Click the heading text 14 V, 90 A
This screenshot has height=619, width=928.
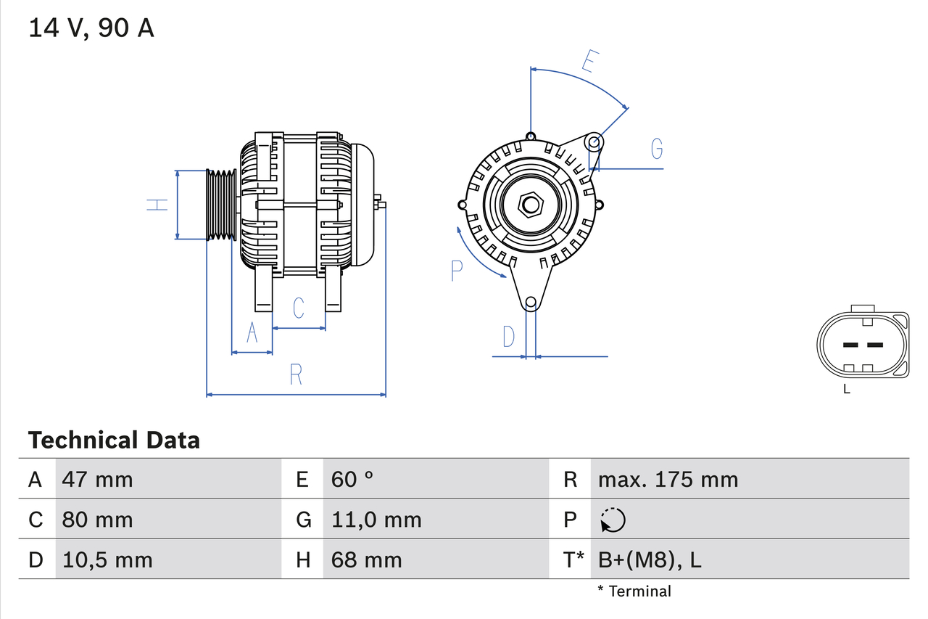(x=91, y=28)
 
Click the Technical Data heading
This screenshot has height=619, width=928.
(x=114, y=440)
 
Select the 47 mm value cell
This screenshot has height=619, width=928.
(x=97, y=480)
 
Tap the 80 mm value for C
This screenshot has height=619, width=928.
(x=97, y=520)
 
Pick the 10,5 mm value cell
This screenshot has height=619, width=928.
(x=107, y=559)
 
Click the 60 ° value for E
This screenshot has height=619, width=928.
(x=352, y=480)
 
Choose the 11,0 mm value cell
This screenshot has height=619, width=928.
(x=376, y=520)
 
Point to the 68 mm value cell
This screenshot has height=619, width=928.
(x=366, y=559)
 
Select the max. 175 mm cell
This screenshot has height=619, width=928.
(x=668, y=480)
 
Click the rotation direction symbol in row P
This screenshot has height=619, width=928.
(x=613, y=520)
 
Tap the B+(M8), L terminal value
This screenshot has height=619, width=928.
(x=650, y=559)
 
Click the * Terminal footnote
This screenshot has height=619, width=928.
(x=634, y=591)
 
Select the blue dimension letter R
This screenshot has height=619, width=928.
(x=296, y=375)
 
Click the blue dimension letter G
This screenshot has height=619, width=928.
(x=657, y=149)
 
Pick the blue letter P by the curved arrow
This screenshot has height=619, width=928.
(x=456, y=271)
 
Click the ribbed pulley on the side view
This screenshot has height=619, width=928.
(x=222, y=205)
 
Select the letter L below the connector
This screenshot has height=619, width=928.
(x=846, y=390)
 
